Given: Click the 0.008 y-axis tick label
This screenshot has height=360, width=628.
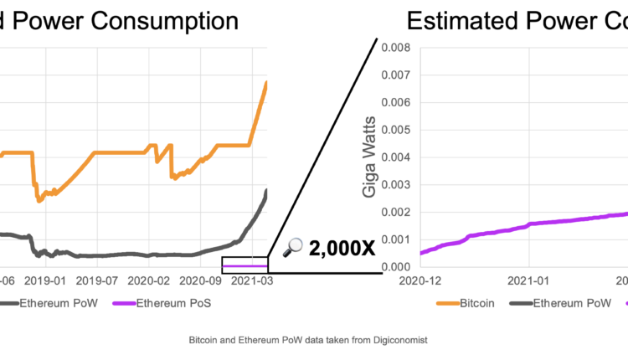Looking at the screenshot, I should pyautogui.click(x=397, y=48).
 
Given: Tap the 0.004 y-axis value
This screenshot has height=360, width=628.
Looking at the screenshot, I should pyautogui.click(x=397, y=157).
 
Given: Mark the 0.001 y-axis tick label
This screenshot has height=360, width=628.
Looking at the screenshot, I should pyautogui.click(x=397, y=239).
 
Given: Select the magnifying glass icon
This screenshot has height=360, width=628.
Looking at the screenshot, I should pyautogui.click(x=294, y=246).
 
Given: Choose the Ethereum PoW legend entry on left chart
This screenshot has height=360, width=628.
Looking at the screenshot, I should pyautogui.click(x=62, y=303).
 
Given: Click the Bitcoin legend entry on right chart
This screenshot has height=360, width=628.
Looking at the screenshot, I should pyautogui.click(x=472, y=303).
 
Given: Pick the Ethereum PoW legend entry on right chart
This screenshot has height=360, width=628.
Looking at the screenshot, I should pyautogui.click(x=571, y=303).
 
